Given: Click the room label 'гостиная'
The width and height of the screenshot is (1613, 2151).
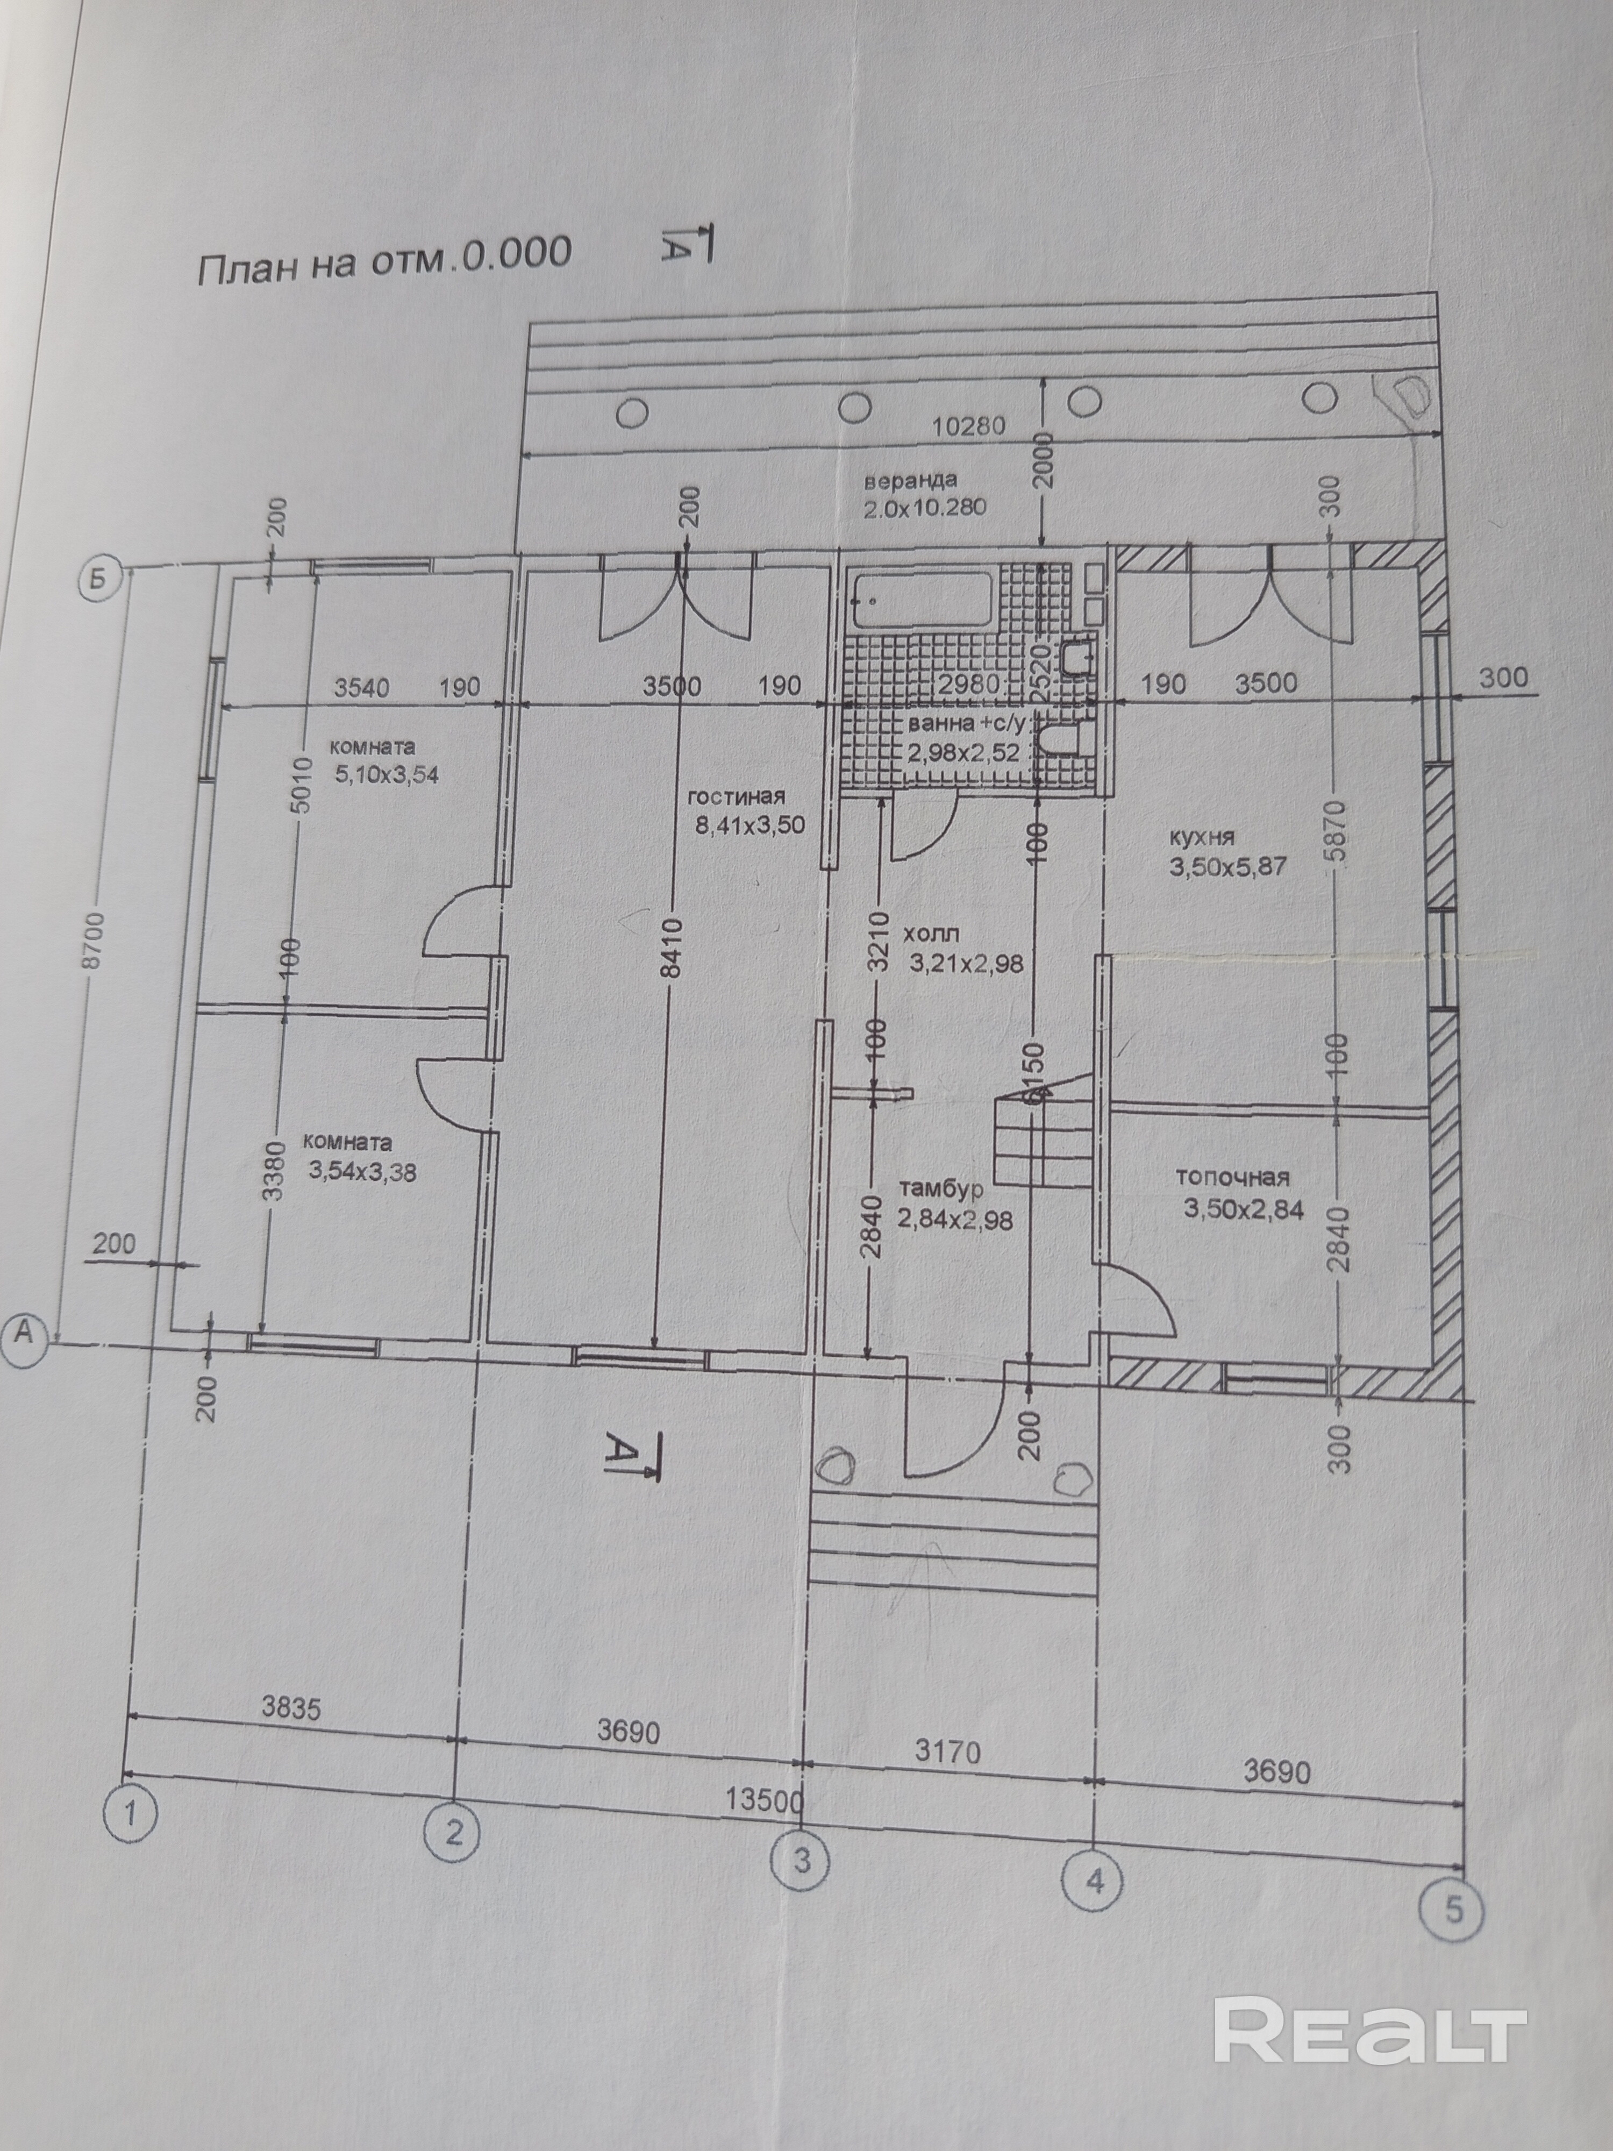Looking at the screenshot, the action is pyautogui.click(x=736, y=797).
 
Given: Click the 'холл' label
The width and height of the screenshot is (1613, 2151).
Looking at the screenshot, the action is pyautogui.click(x=931, y=935).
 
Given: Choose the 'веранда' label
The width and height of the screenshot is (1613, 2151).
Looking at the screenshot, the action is pyautogui.click(x=910, y=480).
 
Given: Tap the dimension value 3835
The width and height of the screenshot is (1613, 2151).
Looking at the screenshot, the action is pyautogui.click(x=291, y=1707).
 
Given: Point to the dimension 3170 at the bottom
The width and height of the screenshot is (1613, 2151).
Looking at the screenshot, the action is pyautogui.click(x=948, y=1753).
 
